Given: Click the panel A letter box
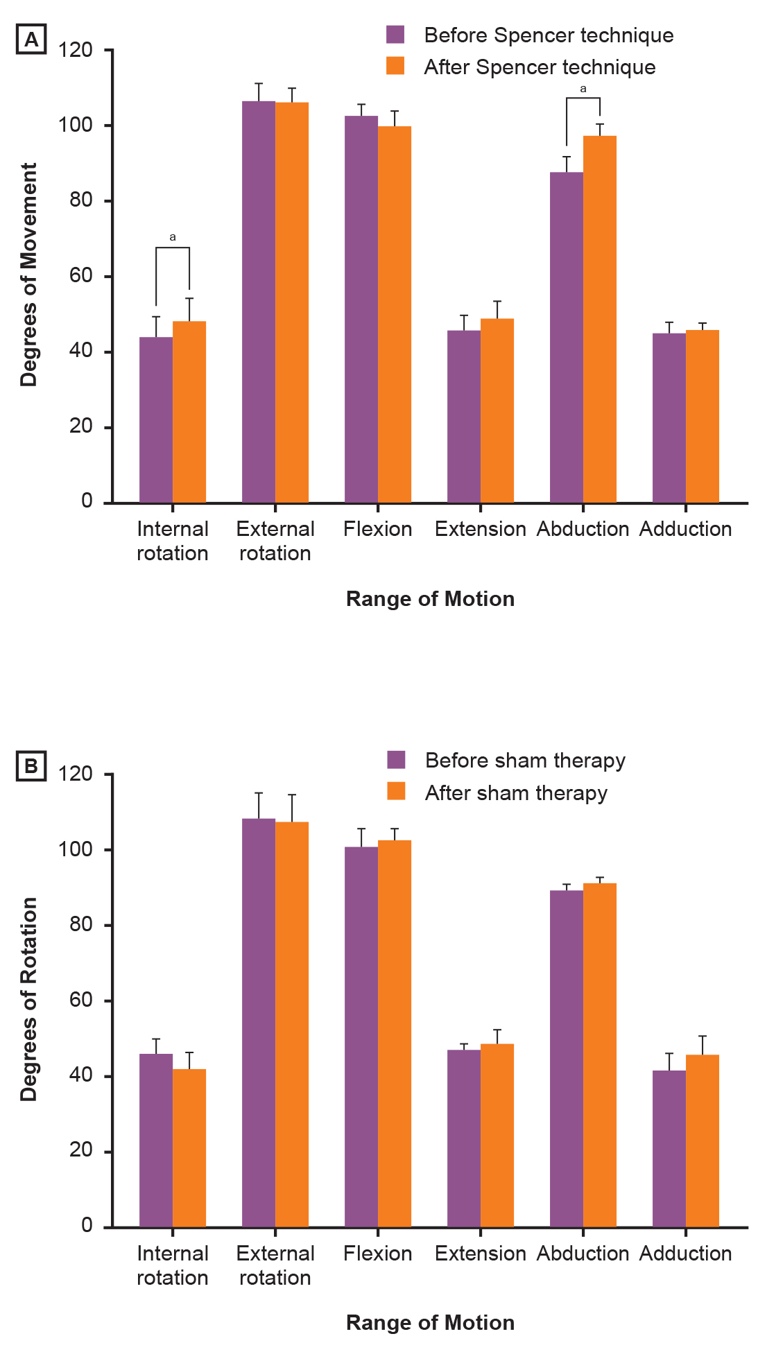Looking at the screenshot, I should [x=31, y=40].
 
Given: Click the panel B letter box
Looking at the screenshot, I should [x=31, y=767].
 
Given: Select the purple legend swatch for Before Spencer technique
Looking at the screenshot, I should [x=395, y=35].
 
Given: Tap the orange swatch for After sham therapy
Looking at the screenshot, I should [x=396, y=792].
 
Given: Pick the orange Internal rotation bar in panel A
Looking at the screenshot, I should [x=189, y=412].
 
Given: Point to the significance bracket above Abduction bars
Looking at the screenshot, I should [x=583, y=99].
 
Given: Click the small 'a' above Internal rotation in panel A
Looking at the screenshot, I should [x=173, y=237].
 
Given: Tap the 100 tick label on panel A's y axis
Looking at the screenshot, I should [x=75, y=125].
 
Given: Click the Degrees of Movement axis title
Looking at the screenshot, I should [x=28, y=275].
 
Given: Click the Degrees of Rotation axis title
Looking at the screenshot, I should [x=28, y=998].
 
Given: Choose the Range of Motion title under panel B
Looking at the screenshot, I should [x=430, y=1322].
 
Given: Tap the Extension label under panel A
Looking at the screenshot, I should [x=480, y=529].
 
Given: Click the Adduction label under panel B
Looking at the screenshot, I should [x=685, y=1253].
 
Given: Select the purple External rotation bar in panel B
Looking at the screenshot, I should [x=259, y=1023].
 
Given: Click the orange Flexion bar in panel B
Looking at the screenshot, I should [x=395, y=1033].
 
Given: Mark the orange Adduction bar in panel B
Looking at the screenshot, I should [x=703, y=1141].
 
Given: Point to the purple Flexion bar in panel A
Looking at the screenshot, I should [x=361, y=309].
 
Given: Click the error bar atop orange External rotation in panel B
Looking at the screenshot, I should [x=292, y=808].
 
